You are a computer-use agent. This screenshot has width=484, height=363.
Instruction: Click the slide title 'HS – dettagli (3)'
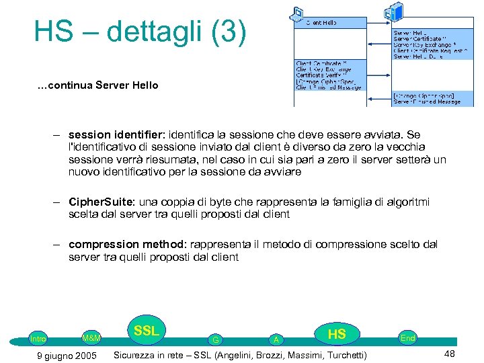(140, 32)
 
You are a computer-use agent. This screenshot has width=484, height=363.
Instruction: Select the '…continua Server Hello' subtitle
(97, 85)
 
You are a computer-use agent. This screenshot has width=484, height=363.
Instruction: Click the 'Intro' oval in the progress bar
(38, 339)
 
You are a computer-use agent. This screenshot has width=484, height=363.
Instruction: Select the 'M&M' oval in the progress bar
(91, 337)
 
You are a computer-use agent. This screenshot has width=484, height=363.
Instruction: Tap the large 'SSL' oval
(146, 331)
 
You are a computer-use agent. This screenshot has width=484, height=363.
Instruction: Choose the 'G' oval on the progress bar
(215, 340)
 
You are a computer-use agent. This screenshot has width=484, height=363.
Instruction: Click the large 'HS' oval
(336, 334)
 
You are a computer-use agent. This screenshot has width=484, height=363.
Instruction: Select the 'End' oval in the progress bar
(407, 338)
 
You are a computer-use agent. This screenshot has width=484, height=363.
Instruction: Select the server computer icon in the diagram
(396, 11)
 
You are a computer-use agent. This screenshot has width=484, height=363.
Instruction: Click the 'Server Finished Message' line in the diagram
(427, 102)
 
